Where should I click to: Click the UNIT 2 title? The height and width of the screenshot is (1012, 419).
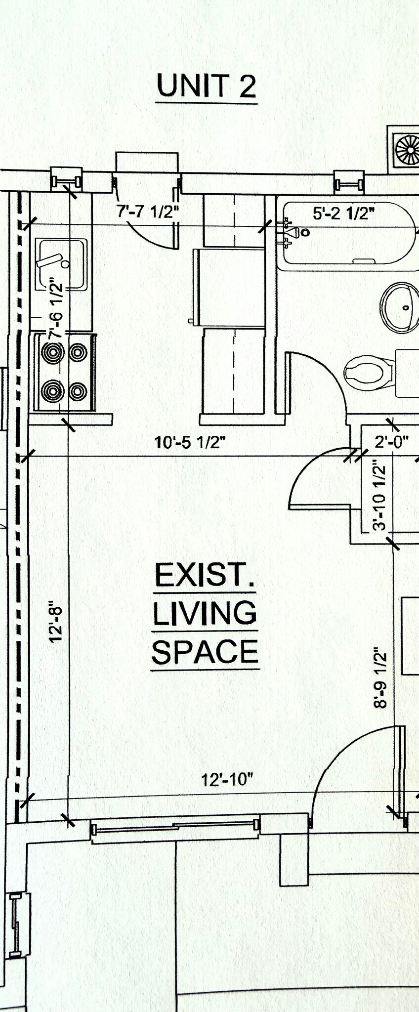206,86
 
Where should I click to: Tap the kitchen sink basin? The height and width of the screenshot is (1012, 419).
61,264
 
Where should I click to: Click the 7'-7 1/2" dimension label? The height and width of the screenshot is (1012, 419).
147,211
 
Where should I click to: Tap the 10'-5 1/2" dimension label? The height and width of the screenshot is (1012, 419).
190,442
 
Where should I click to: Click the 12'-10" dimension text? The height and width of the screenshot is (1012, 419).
226,780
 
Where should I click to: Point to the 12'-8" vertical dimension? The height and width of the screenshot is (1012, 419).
56,621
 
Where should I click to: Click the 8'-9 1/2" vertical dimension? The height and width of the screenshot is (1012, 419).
380,677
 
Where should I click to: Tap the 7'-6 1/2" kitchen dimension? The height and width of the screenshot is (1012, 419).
56,310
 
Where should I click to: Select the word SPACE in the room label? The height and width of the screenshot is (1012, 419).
205,652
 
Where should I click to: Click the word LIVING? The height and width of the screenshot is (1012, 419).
205,613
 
